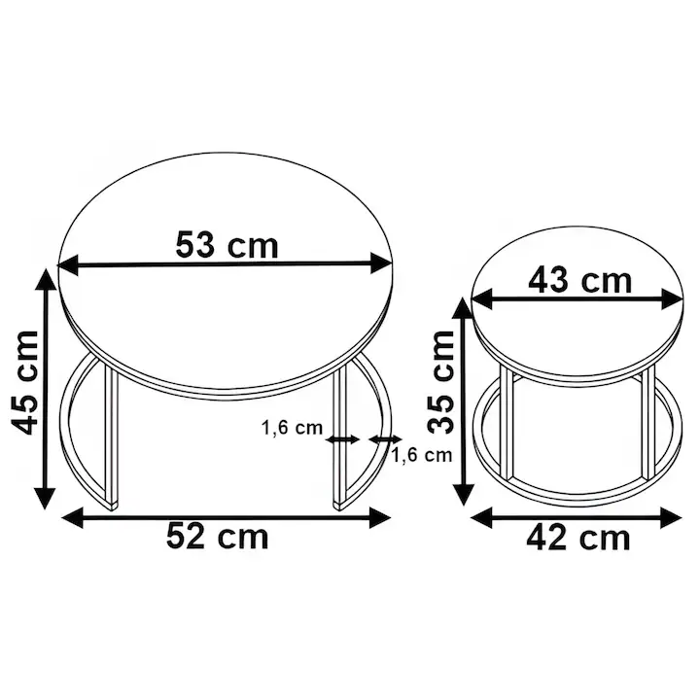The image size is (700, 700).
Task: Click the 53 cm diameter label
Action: pyautogui.click(x=227, y=244)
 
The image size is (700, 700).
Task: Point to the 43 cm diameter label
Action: pyautogui.click(x=579, y=281)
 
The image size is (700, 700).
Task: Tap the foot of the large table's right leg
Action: pyautogui.click(x=338, y=504)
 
